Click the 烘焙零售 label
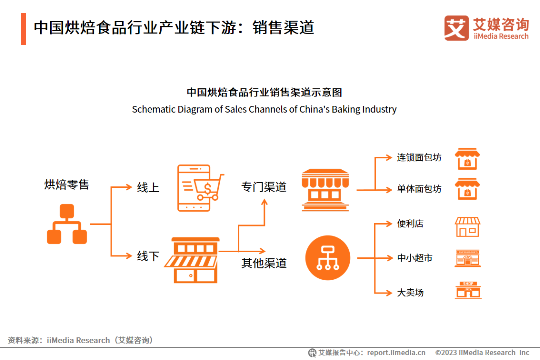(67, 185)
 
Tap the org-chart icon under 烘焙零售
(67, 224)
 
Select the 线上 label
(148, 188)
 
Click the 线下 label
(148, 256)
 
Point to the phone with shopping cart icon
(200, 188)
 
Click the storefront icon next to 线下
(195, 260)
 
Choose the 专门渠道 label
(264, 187)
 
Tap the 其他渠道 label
(264, 263)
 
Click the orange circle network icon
(327, 258)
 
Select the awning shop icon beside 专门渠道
(325, 190)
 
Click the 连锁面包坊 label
(419, 157)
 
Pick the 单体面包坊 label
(419, 189)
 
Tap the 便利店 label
(410, 224)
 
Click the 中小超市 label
(415, 258)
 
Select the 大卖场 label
(410, 292)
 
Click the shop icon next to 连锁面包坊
(467, 158)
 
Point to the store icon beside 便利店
(467, 226)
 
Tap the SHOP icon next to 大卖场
(468, 290)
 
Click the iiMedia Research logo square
(456, 28)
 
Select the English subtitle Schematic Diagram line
(264, 109)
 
